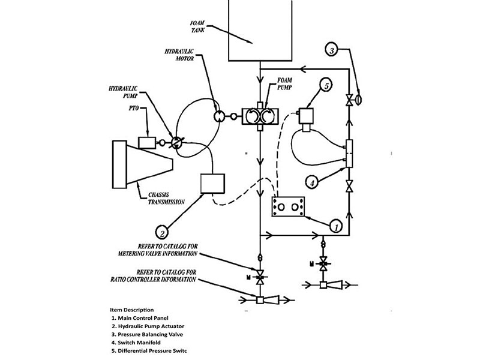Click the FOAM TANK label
[x=197, y=26]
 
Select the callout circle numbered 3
[x=332, y=50]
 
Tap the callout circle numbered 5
[x=326, y=86]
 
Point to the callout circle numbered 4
[x=312, y=183]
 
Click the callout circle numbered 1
[x=336, y=227]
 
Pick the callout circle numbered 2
[x=163, y=233]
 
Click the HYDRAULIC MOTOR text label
[x=179, y=55]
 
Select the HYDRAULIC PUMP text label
[x=123, y=92]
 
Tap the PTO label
[x=134, y=109]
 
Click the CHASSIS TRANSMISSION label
[x=166, y=199]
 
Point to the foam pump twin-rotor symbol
[x=260, y=116]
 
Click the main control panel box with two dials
[x=288, y=207]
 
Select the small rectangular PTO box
[x=147, y=142]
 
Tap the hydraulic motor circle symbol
[x=219, y=116]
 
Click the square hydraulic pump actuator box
[x=212, y=184]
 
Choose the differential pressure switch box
[x=306, y=116]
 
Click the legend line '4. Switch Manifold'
[x=136, y=343]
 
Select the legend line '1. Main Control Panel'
[x=140, y=318]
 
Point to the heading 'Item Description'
[x=131, y=310]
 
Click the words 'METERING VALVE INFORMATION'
[x=158, y=253]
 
